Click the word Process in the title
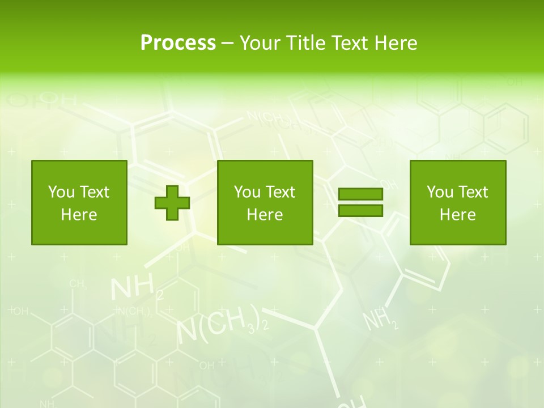178,43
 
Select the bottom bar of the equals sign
360,211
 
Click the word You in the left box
60,192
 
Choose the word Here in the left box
79,215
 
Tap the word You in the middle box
246,192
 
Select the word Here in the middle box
265,215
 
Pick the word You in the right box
439,192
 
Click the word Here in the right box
458,215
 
